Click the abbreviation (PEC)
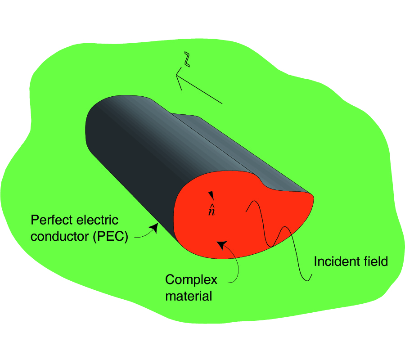[x=111, y=236]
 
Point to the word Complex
[x=191, y=280]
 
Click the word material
[x=189, y=297]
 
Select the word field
[x=376, y=261]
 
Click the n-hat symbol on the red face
[x=211, y=210]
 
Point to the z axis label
[x=187, y=60]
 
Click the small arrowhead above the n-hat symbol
[x=211, y=195]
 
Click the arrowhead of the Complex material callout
[x=221, y=244]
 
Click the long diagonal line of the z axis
[x=200, y=90]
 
